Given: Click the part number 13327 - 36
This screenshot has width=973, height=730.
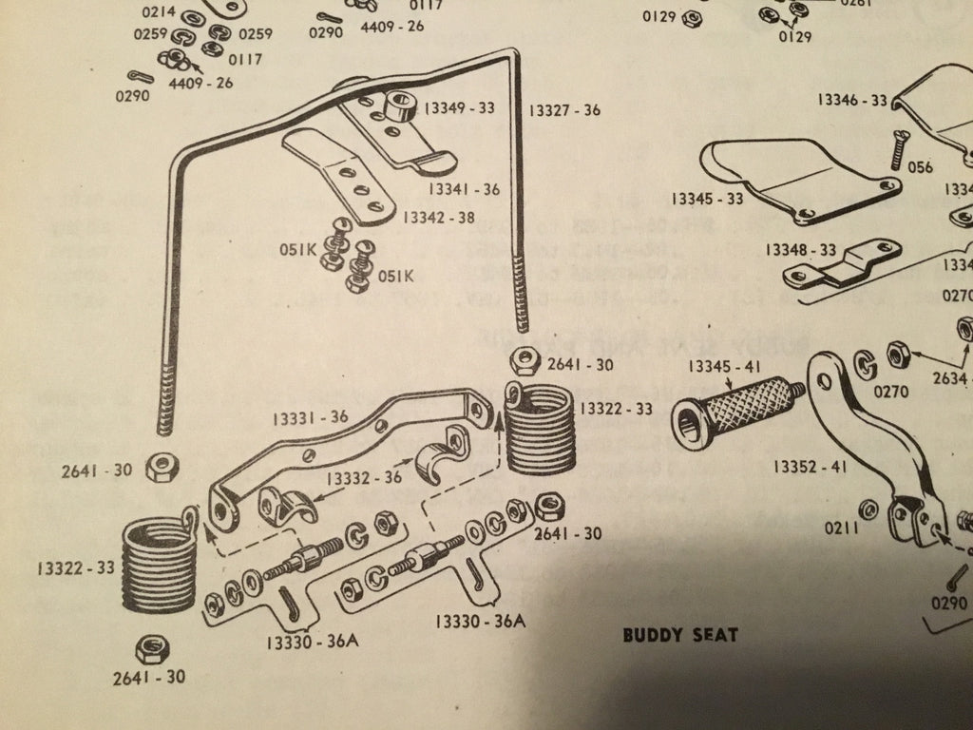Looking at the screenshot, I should pyautogui.click(x=565, y=110).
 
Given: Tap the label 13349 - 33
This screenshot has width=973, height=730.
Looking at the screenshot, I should pyautogui.click(x=461, y=108).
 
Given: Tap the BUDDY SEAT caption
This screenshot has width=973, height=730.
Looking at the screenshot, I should pyautogui.click(x=679, y=635).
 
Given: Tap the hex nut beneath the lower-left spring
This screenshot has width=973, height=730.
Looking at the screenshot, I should pyautogui.click(x=149, y=650).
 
